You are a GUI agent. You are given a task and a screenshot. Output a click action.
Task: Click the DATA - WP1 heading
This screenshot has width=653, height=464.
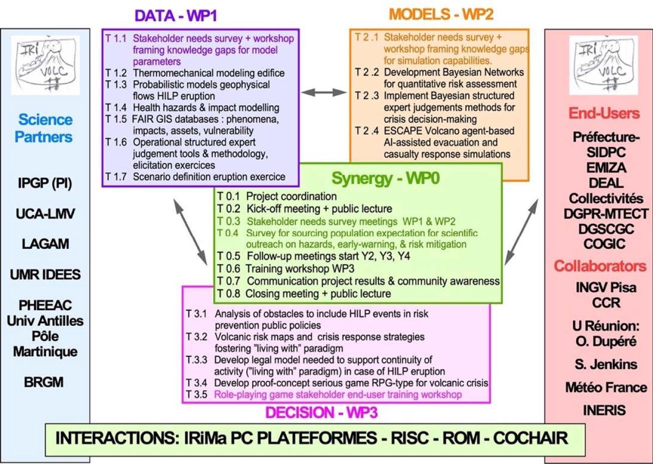click(176, 16)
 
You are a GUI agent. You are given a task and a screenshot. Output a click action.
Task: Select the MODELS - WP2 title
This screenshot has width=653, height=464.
click(441, 15)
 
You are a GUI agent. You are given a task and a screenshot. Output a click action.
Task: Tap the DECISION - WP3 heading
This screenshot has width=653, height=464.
click(321, 413)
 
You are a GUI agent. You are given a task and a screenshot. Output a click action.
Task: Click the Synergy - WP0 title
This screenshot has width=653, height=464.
click(386, 178)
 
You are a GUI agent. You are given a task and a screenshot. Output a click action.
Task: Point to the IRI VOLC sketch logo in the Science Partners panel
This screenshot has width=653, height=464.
click(46, 65)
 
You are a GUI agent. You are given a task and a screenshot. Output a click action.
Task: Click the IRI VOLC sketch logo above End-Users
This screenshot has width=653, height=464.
click(604, 65)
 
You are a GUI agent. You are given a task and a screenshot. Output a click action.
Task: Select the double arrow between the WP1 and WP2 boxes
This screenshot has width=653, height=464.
click(324, 93)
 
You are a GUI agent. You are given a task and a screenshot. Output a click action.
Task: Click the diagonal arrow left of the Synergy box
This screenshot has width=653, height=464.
click(190, 232)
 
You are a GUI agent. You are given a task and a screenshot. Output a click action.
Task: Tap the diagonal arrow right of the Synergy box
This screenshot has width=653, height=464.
click(521, 232)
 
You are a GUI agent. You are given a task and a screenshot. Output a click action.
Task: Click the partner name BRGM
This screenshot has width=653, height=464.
click(44, 382)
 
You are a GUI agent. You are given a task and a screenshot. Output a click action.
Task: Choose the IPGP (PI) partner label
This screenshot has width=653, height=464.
click(45, 183)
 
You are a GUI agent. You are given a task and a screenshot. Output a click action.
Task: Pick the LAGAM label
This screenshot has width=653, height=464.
click(46, 244)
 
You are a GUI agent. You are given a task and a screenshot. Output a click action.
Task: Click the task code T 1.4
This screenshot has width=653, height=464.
click(116, 108)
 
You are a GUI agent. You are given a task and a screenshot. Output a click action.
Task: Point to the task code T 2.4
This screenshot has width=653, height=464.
click(367, 131)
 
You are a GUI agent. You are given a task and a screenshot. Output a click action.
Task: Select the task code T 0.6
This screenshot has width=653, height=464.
click(228, 268)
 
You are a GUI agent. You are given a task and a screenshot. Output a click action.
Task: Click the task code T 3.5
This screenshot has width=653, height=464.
click(196, 394)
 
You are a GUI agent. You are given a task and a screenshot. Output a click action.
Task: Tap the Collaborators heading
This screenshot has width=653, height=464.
click(600, 266)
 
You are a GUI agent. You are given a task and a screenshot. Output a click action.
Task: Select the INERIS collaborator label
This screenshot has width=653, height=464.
click(604, 410)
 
